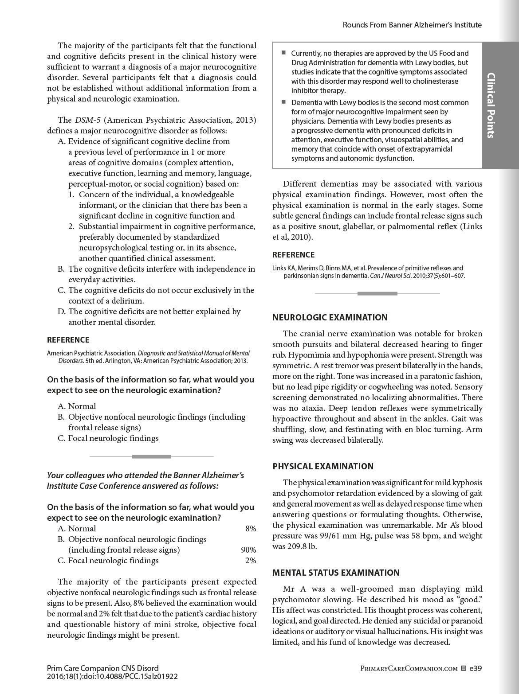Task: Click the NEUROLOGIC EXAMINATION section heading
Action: point(330,317)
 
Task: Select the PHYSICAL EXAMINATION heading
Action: point(323,466)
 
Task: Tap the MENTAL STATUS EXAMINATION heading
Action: point(336,573)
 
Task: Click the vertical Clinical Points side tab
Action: point(491,105)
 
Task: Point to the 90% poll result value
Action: point(248,550)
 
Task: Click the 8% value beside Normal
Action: point(251,529)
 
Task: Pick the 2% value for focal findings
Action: point(251,561)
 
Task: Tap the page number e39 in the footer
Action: point(476,668)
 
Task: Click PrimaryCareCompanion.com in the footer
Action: point(409,668)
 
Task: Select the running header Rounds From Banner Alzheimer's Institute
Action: point(412,25)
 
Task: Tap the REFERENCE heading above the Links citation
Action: point(293,255)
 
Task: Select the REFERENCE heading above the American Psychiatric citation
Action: point(68,340)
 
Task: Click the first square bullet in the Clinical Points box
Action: point(283,53)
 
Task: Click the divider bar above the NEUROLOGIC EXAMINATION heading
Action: point(377,293)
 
